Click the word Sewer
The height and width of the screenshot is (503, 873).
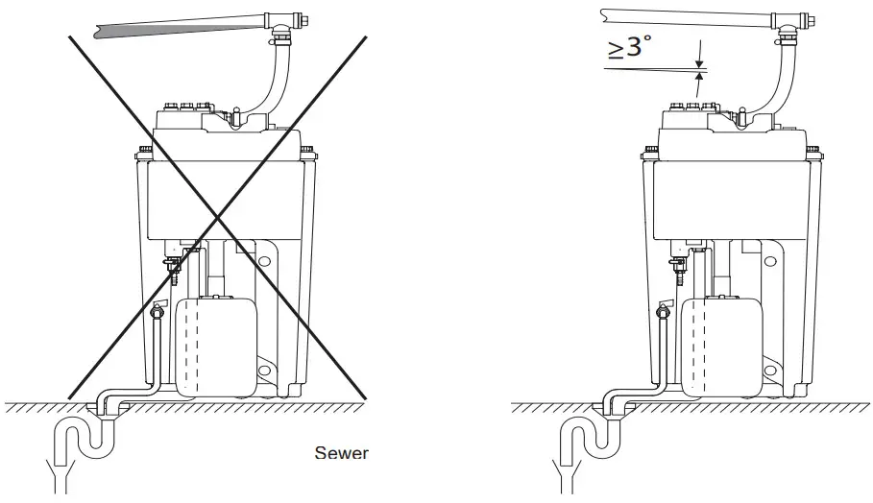[x=342, y=452]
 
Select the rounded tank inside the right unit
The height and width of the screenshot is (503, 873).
[x=722, y=345]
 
